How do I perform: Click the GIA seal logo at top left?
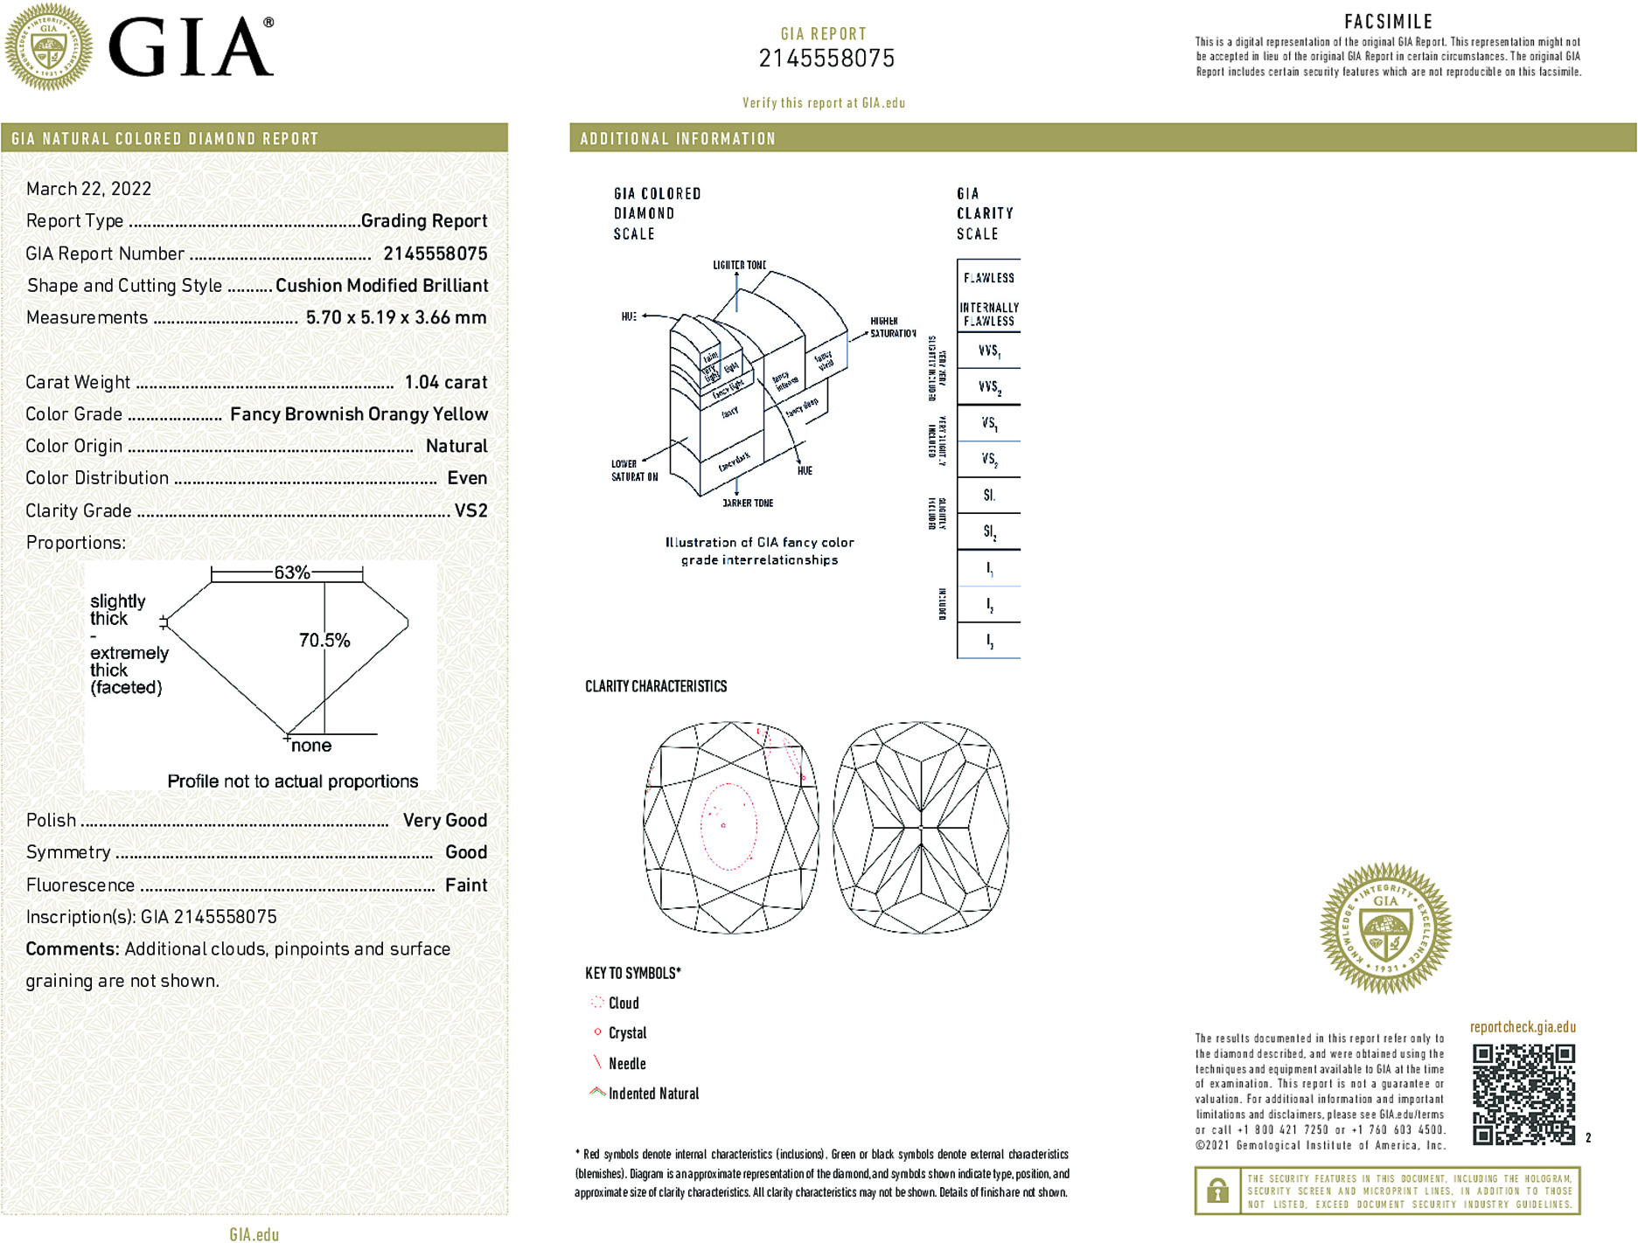49,47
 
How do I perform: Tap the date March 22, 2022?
88,189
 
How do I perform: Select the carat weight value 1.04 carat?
445,382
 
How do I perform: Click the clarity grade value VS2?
470,510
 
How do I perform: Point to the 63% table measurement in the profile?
291,573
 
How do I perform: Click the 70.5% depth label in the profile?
324,641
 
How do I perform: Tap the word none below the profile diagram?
311,746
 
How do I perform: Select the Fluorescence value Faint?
465,885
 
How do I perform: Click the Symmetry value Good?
465,852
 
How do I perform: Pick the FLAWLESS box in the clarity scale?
989,278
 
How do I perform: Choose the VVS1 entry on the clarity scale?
989,351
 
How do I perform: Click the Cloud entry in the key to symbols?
624,1003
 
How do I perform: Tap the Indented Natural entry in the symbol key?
653,1094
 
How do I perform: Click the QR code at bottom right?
1523,1094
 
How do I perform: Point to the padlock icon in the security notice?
1217,1191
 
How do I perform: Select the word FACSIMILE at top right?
1388,22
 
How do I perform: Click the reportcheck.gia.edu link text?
1523,1027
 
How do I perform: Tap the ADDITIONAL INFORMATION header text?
678,139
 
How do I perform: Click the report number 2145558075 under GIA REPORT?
826,59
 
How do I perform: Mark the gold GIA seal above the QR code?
1385,928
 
